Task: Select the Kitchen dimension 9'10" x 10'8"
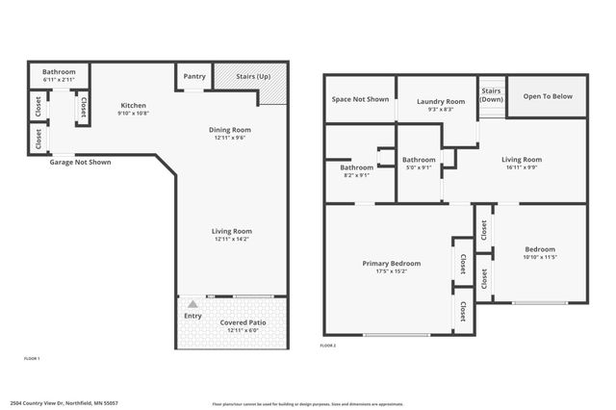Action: (133, 114)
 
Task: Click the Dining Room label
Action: (231, 129)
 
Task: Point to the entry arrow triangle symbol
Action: (192, 304)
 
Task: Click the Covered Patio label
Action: (243, 322)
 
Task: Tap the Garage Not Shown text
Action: (80, 162)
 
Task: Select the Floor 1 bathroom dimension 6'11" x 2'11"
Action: (59, 79)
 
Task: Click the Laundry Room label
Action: (441, 102)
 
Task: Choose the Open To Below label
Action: (547, 96)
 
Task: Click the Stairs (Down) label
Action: (492, 95)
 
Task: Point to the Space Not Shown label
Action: (360, 99)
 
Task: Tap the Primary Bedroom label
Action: (391, 263)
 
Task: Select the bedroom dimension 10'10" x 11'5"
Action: (540, 257)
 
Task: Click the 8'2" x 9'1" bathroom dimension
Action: (356, 174)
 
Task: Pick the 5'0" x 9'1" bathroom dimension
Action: (419, 168)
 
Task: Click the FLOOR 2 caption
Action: (328, 345)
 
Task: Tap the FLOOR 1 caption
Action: (32, 358)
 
